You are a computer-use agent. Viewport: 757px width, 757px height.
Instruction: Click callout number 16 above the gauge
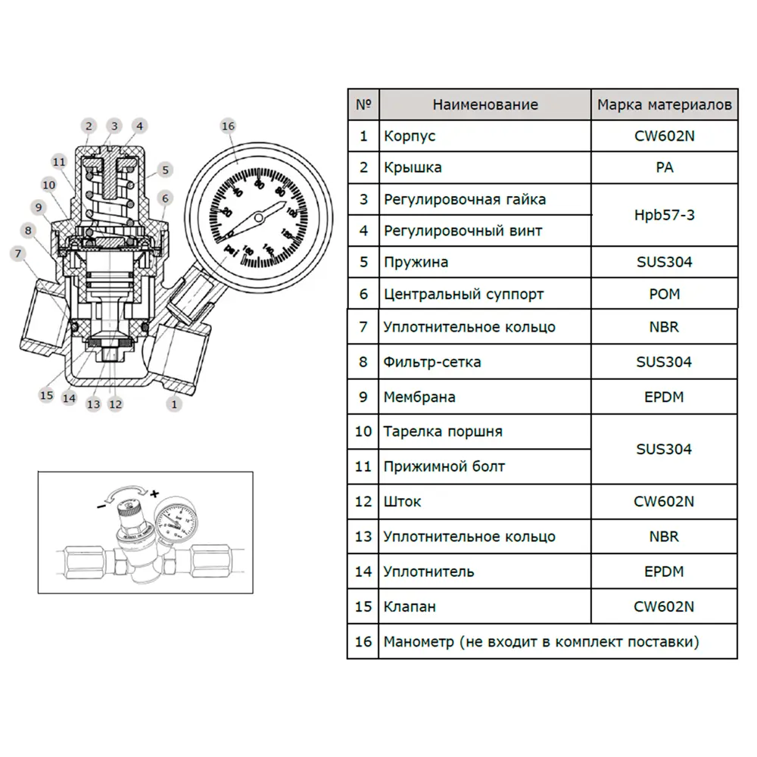[228, 126]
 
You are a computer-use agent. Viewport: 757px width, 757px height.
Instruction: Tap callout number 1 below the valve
[175, 404]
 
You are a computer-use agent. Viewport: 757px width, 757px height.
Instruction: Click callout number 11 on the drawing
[60, 161]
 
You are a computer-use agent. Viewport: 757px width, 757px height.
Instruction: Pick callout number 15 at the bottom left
[46, 394]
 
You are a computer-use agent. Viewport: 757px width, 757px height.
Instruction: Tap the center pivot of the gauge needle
[259, 218]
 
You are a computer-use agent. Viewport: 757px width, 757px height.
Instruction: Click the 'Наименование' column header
[485, 104]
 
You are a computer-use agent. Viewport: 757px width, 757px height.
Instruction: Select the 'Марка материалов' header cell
[664, 104]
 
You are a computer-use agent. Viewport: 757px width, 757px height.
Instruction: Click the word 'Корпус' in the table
[410, 136]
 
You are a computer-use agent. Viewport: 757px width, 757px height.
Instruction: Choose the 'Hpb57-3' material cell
[664, 215]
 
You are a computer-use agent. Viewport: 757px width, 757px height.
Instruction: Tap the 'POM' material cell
[664, 294]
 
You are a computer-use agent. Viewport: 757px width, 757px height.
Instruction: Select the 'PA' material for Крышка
[664, 167]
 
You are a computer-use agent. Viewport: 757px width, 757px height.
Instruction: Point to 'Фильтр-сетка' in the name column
[432, 362]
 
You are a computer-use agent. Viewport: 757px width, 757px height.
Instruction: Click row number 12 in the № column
[363, 501]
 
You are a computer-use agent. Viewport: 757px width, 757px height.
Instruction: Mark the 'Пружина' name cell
[416, 262]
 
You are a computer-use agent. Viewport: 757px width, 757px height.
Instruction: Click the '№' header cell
[363, 104]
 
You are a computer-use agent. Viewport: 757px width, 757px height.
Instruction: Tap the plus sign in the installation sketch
[154, 493]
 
